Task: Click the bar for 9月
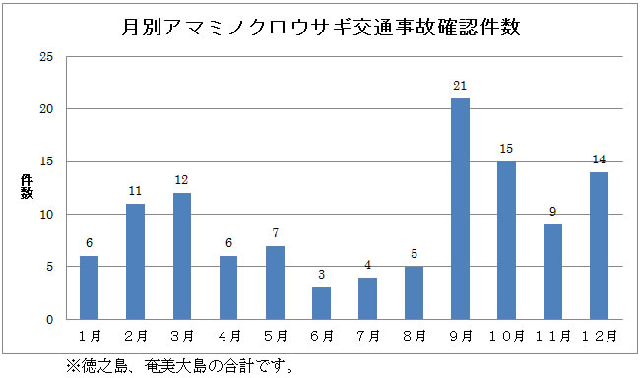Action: [x=460, y=209]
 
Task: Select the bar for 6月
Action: [x=321, y=303]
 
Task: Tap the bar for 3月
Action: [x=182, y=256]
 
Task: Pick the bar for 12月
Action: [x=599, y=245]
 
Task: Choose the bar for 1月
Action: [x=90, y=287]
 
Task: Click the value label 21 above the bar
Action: [x=460, y=86]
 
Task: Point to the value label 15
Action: [x=506, y=149]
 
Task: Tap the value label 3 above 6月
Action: [x=321, y=275]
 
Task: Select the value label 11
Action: [x=136, y=191]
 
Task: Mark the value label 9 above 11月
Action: [x=552, y=212]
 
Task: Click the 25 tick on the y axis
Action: [x=45, y=57]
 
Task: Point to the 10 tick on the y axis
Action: [x=45, y=215]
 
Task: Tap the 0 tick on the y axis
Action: [x=49, y=320]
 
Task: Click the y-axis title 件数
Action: [x=27, y=187]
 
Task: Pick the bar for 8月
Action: [x=414, y=293]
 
